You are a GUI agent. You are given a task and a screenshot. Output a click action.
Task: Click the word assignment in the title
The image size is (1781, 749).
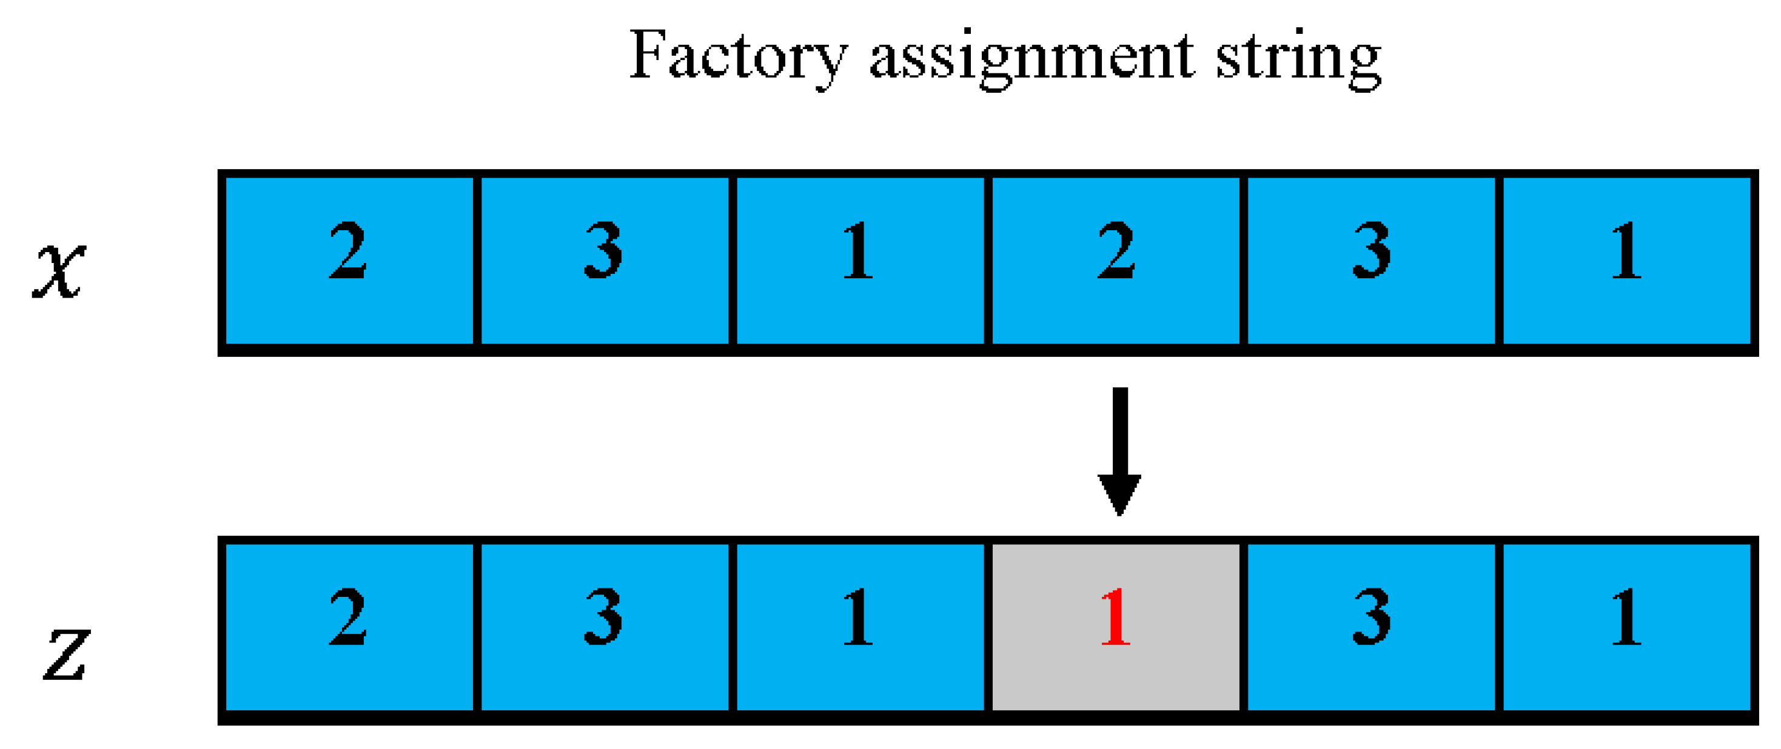(x=1031, y=59)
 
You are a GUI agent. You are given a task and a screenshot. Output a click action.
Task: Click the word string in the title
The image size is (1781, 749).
(x=1298, y=59)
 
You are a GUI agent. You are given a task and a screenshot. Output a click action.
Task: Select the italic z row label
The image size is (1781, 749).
(x=66, y=654)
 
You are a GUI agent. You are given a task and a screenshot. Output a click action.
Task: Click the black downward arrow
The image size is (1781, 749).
(x=1119, y=449)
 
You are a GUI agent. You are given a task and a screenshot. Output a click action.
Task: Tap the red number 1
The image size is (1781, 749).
(x=1115, y=617)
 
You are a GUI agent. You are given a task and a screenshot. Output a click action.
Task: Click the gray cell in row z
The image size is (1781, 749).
(x=1115, y=664)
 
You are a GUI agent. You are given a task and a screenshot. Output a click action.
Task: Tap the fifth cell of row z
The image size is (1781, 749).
(x=1371, y=627)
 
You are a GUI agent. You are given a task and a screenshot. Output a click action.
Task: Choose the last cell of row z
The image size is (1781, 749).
(x=1627, y=627)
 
